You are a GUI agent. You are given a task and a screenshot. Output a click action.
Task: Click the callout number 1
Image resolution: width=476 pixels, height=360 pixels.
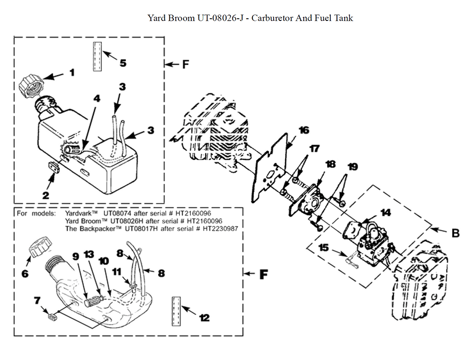point(72,72)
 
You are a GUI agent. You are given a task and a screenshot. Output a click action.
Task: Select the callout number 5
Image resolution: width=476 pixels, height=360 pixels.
point(122,62)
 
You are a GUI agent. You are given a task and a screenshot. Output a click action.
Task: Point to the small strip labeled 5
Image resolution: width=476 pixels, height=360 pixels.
point(98,56)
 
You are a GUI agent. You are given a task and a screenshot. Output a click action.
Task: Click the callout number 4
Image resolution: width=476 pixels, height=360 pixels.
point(97,99)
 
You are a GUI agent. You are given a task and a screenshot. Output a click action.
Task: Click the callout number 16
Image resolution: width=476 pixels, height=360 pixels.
point(304,130)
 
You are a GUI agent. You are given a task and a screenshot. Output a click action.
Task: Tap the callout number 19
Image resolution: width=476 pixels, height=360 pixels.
point(352,167)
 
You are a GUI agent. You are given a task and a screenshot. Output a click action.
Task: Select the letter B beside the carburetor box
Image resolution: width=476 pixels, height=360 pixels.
point(455,233)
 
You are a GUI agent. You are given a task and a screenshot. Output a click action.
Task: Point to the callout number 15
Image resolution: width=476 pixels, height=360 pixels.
point(324,248)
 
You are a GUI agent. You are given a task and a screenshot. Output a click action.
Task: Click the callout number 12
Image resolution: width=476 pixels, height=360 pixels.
point(204,318)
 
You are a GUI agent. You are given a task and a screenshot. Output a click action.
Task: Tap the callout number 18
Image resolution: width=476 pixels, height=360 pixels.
point(330,164)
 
